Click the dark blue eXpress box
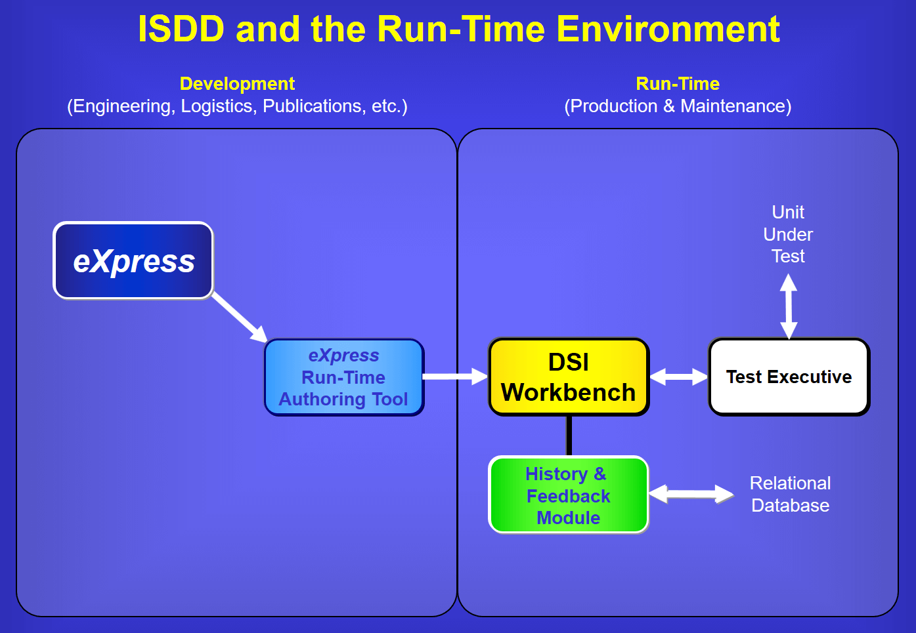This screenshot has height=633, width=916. tap(133, 260)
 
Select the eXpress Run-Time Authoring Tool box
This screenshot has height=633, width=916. tap(344, 377)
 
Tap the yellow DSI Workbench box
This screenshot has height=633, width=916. tap(569, 377)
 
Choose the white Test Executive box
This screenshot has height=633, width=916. tap(789, 377)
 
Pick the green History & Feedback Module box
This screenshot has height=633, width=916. tap(569, 495)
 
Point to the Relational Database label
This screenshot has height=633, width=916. tap(790, 494)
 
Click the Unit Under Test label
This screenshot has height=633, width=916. tap(788, 234)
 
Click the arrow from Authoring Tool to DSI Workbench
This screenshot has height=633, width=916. tap(455, 377)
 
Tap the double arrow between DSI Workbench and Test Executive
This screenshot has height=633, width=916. tap(679, 377)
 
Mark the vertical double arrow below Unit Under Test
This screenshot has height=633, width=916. tap(789, 306)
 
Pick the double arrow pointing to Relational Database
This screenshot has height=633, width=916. tap(691, 494)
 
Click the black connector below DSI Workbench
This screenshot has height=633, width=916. tap(569, 436)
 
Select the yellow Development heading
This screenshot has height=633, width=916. tap(237, 84)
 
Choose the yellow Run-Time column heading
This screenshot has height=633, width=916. tap(678, 84)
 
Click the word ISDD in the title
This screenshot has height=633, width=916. tap(181, 29)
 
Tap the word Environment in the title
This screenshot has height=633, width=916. tap(668, 29)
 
